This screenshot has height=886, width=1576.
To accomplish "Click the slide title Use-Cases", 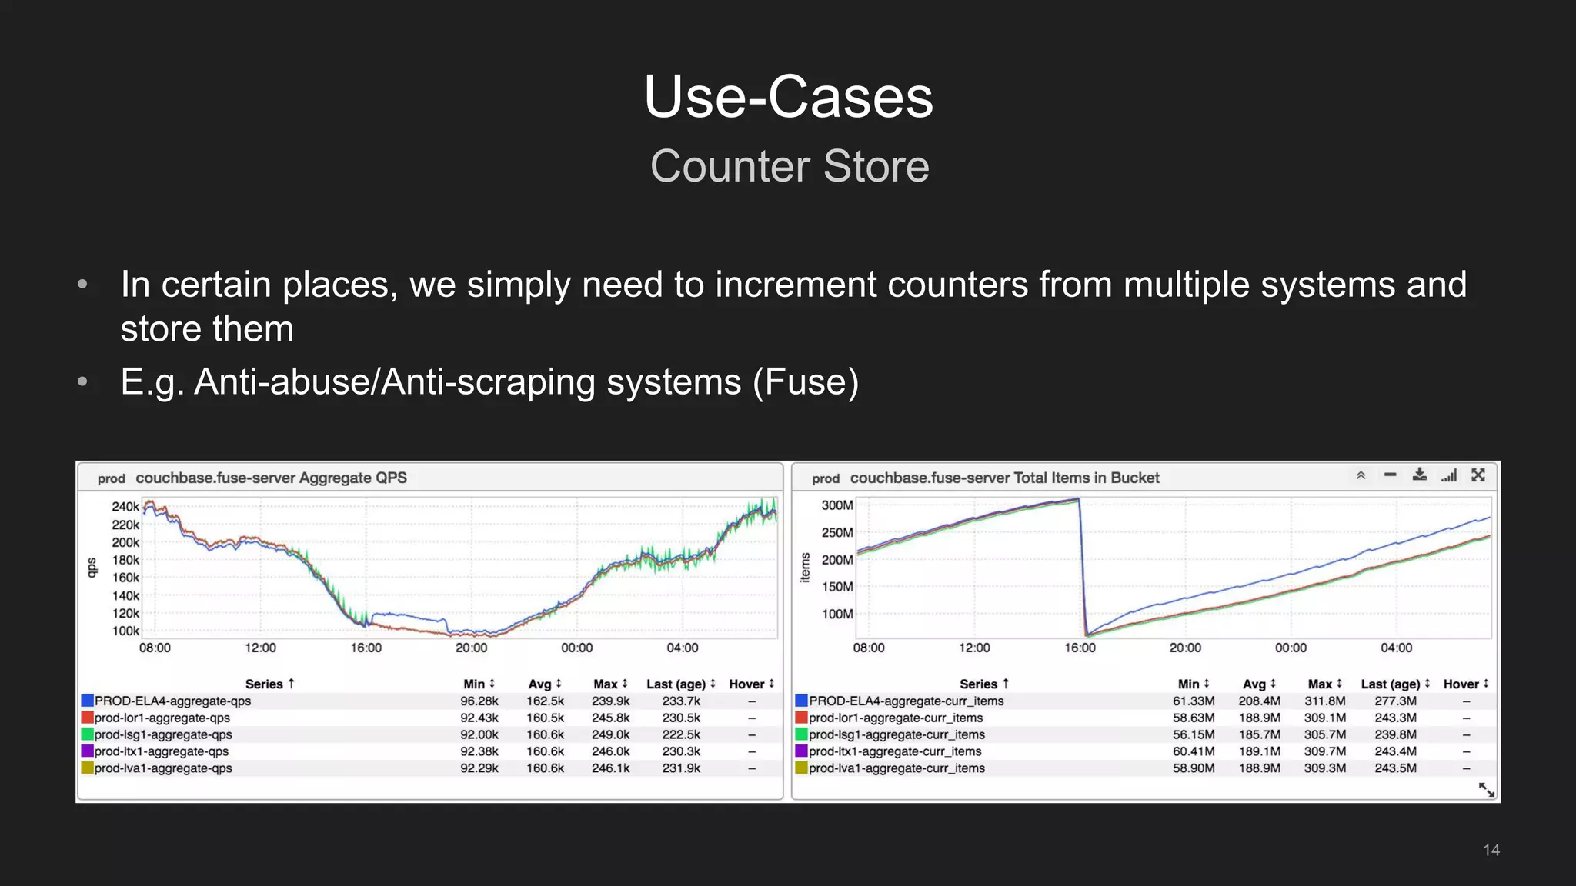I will point(788,98).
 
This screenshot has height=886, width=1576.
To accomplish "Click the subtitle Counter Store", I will point(790,166).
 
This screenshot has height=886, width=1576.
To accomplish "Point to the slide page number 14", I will point(1491,850).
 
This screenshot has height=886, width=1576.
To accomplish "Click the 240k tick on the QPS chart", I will point(125,507).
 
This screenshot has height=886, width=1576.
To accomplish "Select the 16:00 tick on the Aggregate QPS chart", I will point(366,648).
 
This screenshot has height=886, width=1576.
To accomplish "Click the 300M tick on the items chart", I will point(836,505).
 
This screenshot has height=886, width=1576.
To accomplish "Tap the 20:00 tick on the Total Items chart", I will point(1185,648).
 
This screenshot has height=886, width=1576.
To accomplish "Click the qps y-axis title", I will point(92,568).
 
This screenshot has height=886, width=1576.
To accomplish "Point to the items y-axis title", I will point(805,568).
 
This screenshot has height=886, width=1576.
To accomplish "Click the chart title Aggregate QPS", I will point(271,478).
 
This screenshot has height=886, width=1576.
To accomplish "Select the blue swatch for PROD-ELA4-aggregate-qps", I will point(88,701).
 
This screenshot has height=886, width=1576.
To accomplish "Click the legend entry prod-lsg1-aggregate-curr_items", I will point(897,734).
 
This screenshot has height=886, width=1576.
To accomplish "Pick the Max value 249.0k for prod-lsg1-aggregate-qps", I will point(610,734).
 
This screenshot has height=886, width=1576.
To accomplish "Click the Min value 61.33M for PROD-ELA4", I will point(1194,701).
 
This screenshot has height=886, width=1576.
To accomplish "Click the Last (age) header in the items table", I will point(1391,684).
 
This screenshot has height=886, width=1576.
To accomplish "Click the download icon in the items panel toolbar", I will point(1420,475).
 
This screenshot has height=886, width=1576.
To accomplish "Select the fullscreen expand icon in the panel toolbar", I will point(1478,475).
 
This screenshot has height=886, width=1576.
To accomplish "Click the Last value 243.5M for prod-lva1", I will point(1395,768).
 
